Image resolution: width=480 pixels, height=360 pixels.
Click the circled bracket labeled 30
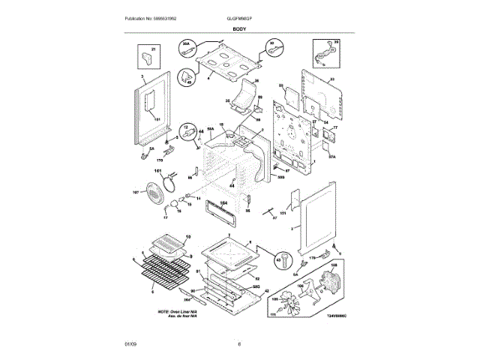click(x=274, y=47)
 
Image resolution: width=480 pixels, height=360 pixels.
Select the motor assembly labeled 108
click(x=331, y=282)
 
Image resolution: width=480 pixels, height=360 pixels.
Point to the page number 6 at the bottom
click(x=239, y=343)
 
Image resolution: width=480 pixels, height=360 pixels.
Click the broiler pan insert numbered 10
click(x=169, y=241)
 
